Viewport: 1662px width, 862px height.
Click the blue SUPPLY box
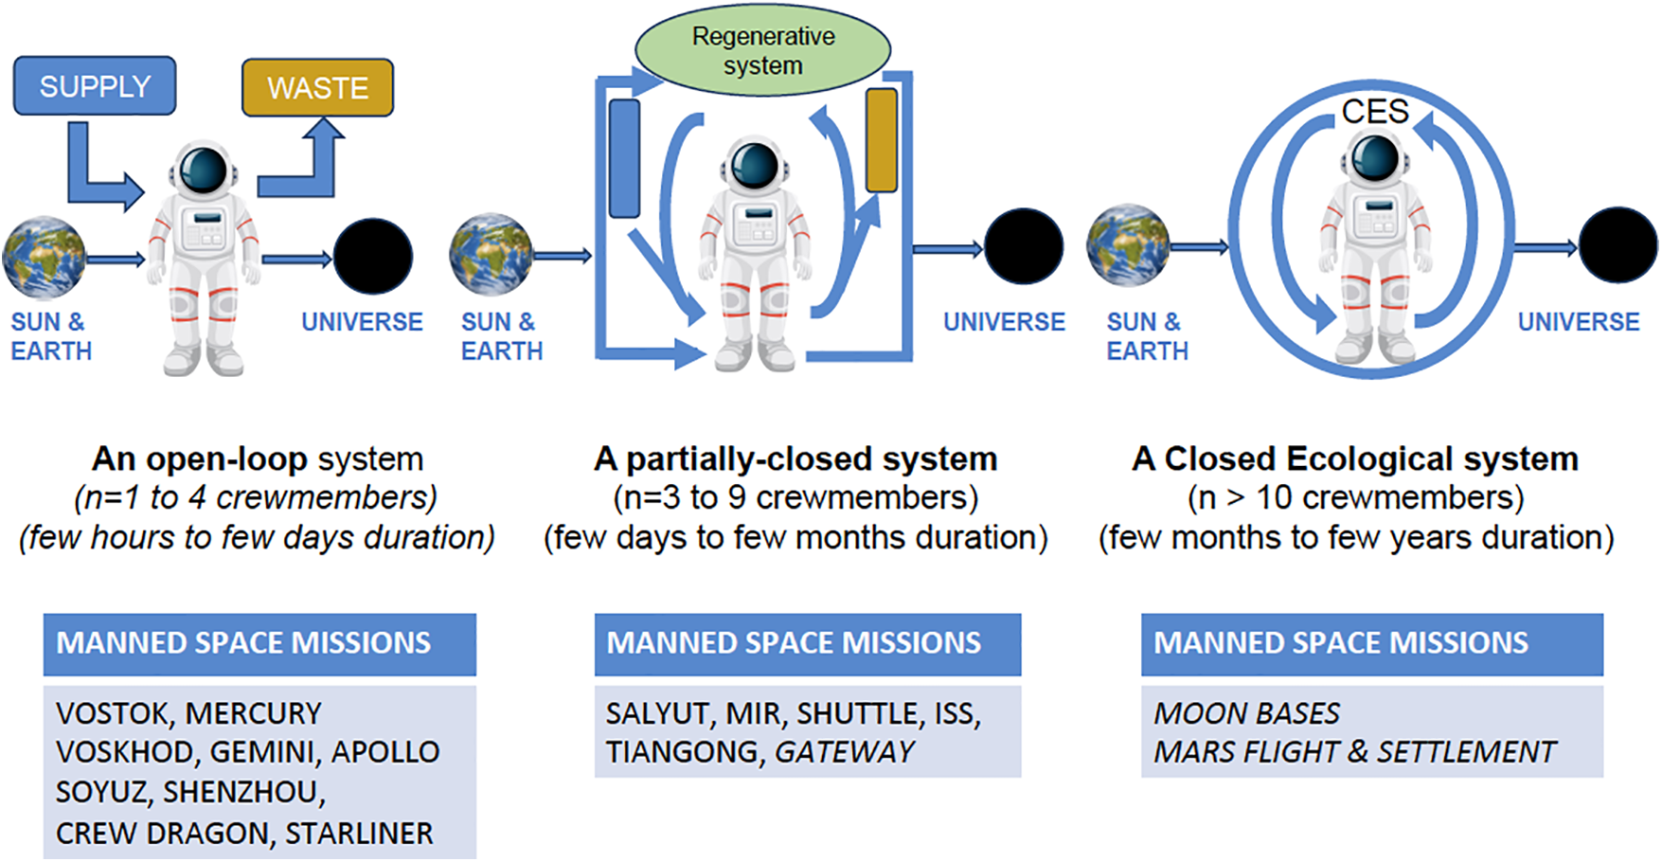tap(95, 86)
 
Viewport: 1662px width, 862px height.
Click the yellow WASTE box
tap(317, 88)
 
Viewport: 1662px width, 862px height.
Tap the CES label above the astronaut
tap(1375, 112)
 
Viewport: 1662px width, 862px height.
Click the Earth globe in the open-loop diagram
tap(44, 258)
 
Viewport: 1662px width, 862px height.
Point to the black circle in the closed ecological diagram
tap(1617, 245)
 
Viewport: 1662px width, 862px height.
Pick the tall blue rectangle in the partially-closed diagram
tap(624, 158)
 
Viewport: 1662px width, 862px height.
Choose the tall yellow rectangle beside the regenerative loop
tap(881, 140)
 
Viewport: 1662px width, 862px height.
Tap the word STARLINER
tap(359, 834)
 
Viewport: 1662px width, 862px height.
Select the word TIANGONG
tap(685, 752)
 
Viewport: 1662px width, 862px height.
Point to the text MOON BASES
tap(1246, 713)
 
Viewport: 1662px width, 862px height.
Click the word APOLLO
tap(385, 752)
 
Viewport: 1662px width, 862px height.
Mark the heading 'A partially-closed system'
tap(795, 458)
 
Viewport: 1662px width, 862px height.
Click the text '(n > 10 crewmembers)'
tap(1355, 497)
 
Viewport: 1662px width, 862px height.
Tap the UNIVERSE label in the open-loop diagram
tap(362, 322)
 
